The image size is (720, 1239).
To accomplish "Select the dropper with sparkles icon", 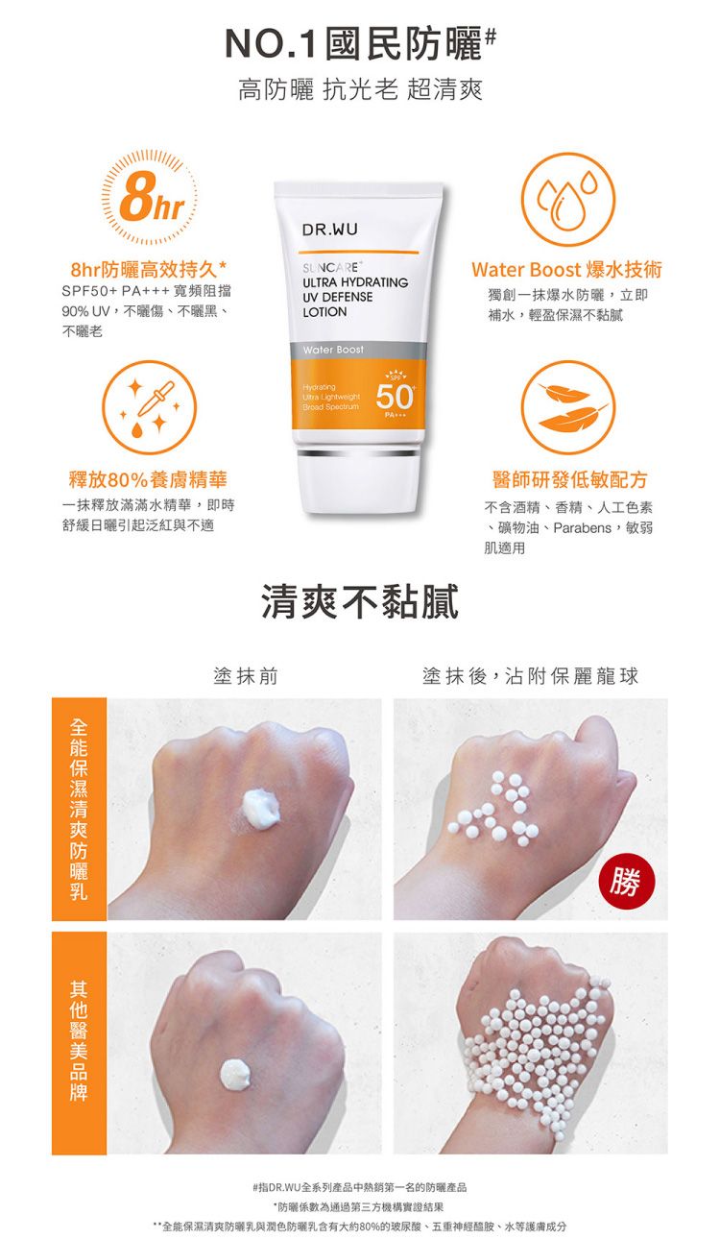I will tap(148, 407).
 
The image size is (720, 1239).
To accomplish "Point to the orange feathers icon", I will tap(568, 407).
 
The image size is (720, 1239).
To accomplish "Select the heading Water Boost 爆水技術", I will tap(566, 270).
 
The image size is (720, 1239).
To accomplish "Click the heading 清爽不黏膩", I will tap(360, 603).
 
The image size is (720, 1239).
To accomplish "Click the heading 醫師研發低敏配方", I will tap(569, 478).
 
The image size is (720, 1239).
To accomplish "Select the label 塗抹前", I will tap(246, 677).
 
